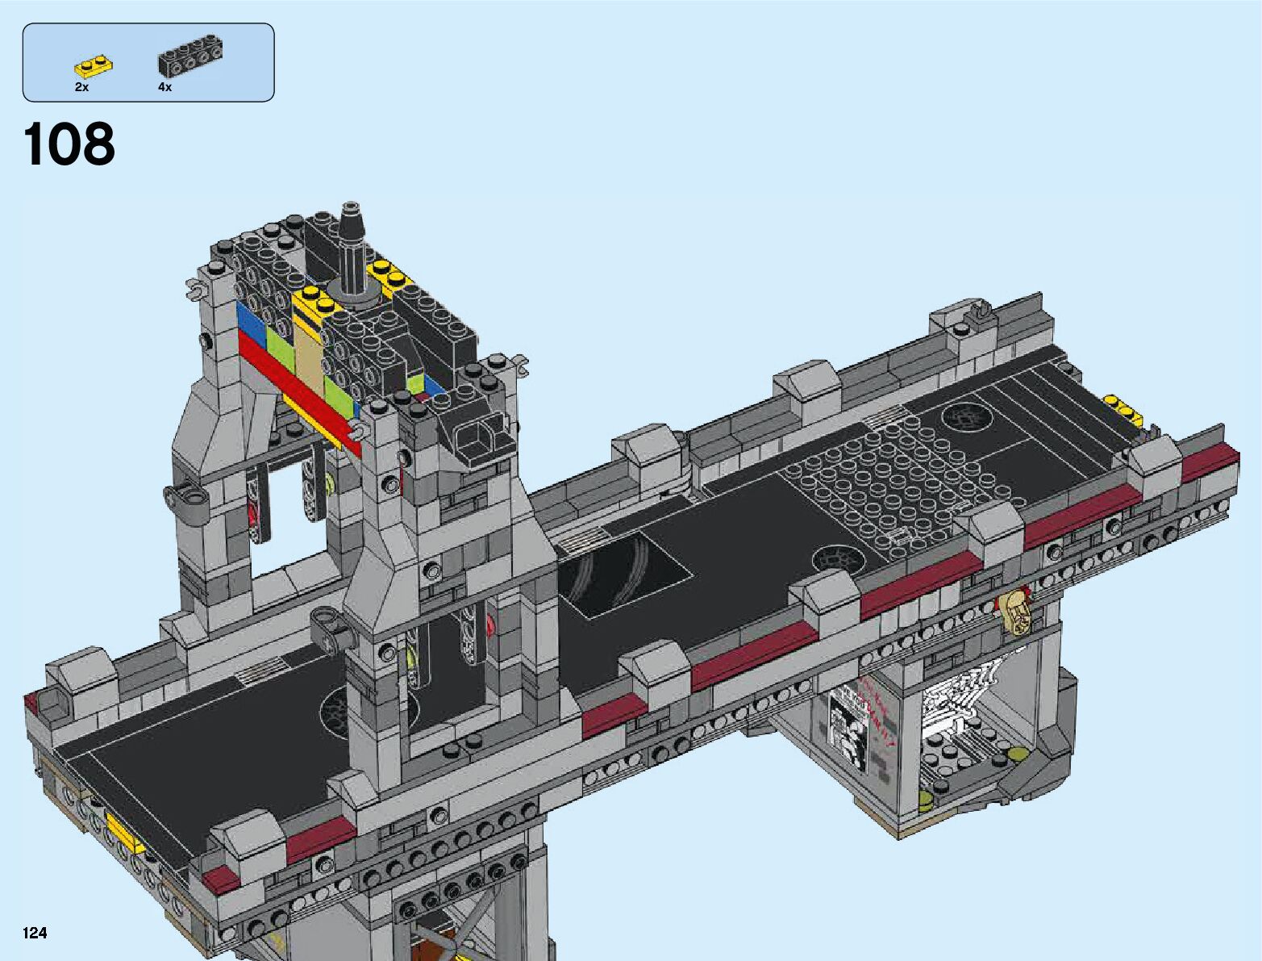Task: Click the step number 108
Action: click(69, 144)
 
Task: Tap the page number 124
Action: click(35, 933)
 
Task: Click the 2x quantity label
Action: click(81, 87)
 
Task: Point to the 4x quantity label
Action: click(165, 87)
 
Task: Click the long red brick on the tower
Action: click(299, 394)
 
